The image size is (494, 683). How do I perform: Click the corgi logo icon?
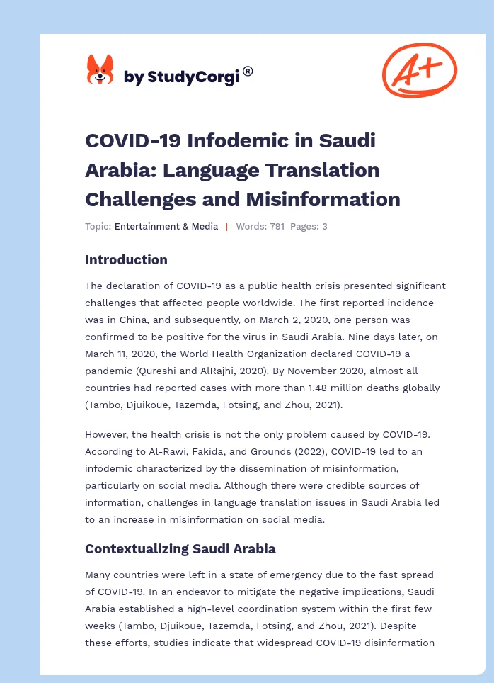tap(100, 70)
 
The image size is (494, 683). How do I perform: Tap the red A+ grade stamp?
tap(419, 69)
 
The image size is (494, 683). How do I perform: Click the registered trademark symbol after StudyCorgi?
tap(248, 71)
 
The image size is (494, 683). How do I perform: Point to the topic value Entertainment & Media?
tap(166, 227)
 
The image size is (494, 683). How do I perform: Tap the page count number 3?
tap(324, 227)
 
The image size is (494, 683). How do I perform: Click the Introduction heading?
tap(126, 260)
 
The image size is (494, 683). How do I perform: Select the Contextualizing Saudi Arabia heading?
tap(180, 548)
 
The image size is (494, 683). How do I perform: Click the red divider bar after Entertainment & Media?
tap(226, 227)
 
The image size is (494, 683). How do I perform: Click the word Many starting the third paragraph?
tap(99, 575)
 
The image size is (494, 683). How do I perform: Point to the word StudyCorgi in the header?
tap(192, 77)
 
